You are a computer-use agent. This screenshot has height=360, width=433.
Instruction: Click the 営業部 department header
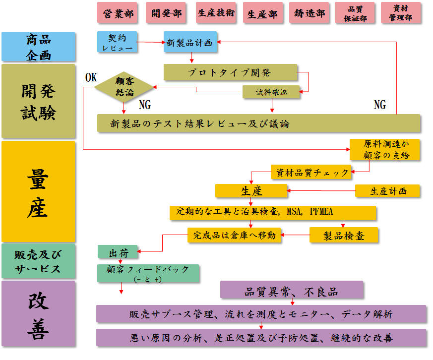(x=119, y=13)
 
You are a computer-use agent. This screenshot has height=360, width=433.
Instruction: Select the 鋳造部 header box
(x=309, y=13)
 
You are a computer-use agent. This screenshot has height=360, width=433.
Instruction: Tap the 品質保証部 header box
(x=355, y=13)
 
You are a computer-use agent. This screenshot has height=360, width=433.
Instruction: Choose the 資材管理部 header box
(x=401, y=13)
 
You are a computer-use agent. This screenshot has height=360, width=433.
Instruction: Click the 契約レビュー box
(x=117, y=43)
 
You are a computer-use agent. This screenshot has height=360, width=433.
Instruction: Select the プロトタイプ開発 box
(x=230, y=72)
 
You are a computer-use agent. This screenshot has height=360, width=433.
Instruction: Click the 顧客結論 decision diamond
(x=124, y=86)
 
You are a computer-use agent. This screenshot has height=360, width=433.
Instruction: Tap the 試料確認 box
(x=271, y=92)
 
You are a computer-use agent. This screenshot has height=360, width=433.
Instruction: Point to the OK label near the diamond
(x=91, y=78)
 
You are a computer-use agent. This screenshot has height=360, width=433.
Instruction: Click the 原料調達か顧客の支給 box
(x=384, y=150)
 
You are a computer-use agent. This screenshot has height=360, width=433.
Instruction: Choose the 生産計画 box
(x=387, y=191)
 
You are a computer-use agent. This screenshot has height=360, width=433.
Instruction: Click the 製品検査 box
(x=344, y=235)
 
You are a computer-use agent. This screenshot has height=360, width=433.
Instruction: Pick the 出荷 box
(x=118, y=252)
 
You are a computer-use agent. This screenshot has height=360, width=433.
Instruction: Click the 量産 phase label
(x=38, y=191)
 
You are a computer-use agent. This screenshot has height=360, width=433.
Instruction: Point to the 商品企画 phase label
(x=38, y=47)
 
